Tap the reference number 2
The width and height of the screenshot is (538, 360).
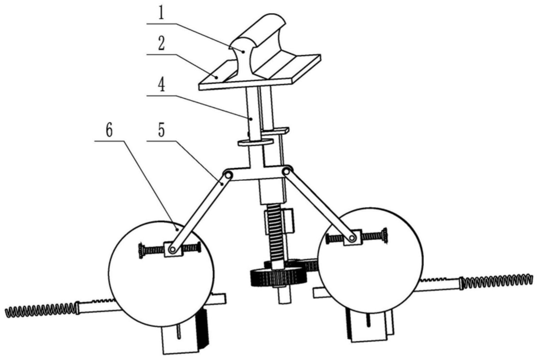tap(161, 43)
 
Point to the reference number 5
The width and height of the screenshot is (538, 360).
tap(161, 130)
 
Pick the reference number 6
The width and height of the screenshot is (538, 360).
tap(109, 131)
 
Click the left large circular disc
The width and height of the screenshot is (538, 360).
tap(161, 274)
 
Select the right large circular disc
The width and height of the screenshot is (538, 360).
tap(370, 260)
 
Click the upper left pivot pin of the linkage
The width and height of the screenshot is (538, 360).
tap(228, 175)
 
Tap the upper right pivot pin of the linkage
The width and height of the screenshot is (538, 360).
tap(286, 171)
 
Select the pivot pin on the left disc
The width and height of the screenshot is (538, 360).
tap(172, 249)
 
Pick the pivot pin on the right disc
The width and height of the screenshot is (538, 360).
tap(352, 238)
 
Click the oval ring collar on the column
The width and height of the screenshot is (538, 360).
tap(255, 142)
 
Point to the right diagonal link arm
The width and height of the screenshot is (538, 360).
tap(319, 205)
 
